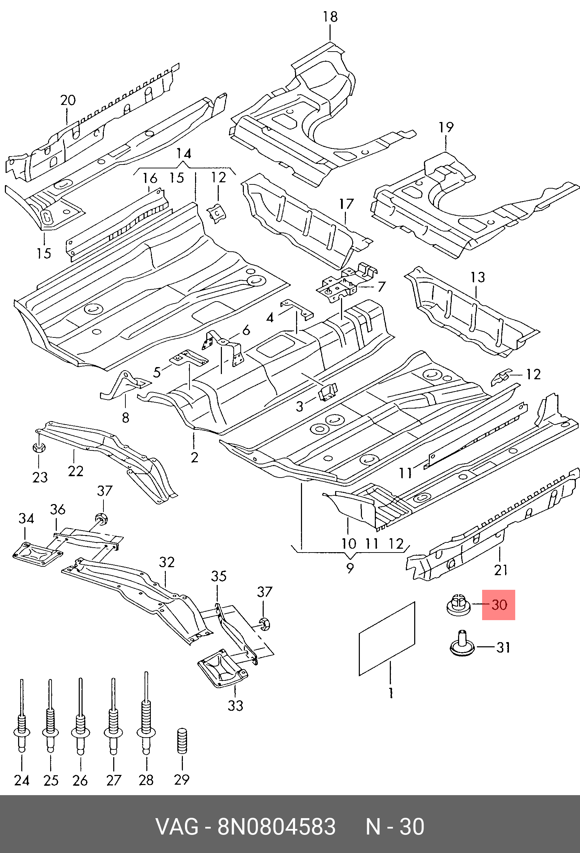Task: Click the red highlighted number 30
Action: [498, 604]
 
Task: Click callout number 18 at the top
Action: [330, 17]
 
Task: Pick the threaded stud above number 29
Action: [182, 740]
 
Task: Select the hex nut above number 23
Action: [39, 448]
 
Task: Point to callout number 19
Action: [446, 127]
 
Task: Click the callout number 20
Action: [68, 100]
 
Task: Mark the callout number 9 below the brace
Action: [350, 568]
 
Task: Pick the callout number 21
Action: [500, 570]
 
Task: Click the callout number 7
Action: [381, 286]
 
